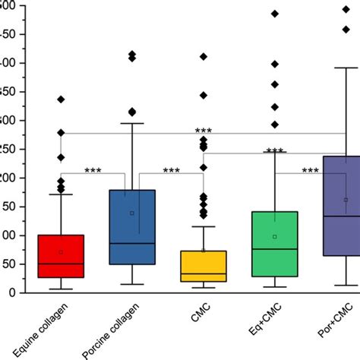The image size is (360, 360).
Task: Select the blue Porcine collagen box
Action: tap(131, 227)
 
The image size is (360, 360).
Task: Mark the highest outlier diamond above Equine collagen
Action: tap(61, 99)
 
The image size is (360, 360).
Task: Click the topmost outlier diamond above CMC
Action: tap(203, 57)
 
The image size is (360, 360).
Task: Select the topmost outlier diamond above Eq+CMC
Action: tap(274, 14)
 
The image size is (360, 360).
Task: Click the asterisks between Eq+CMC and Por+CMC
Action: tap(310, 170)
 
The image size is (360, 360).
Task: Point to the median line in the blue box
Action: tap(131, 243)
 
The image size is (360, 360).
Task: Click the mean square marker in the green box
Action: tap(274, 236)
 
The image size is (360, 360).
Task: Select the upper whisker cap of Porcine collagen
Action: tap(131, 123)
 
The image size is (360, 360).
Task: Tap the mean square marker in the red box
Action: tap(61, 251)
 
